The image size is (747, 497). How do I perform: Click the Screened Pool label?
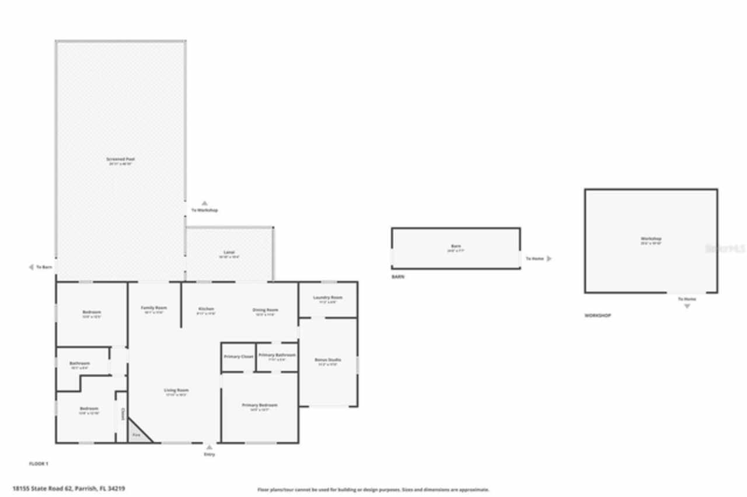[121, 159]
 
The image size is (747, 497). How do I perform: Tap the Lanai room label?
[229, 253]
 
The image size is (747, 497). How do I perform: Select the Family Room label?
[154, 308]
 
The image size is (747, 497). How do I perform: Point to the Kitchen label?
[206, 309]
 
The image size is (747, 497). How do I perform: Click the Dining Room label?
[265, 310]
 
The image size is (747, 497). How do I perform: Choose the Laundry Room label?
[327, 297]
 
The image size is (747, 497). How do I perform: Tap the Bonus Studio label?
[327, 360]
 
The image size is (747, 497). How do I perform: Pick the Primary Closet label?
[239, 356]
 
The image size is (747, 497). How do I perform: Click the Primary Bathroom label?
[277, 355]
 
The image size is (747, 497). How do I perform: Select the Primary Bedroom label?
[260, 405]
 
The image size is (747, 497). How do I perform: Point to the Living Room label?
[176, 390]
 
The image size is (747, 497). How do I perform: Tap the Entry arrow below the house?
[209, 447]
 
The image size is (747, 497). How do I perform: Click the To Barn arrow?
[31, 267]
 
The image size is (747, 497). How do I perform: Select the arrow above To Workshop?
[204, 203]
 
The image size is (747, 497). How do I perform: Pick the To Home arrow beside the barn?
[549, 258]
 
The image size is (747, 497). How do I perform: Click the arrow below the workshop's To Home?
[687, 306]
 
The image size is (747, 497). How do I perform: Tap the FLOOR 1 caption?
[39, 464]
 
